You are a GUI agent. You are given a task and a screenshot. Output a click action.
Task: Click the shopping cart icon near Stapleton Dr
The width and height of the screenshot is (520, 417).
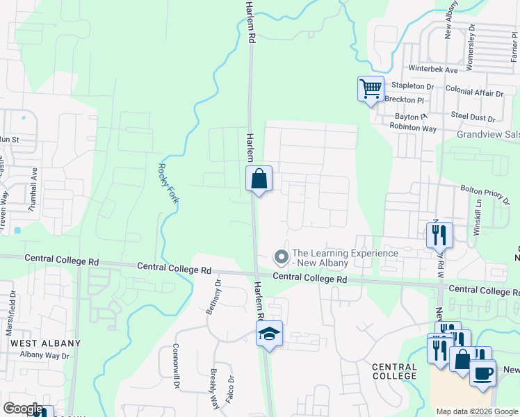371,89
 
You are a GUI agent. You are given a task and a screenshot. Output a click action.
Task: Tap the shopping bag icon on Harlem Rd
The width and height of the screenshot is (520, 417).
259,179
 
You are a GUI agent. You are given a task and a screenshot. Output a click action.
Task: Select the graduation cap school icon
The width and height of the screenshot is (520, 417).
270,334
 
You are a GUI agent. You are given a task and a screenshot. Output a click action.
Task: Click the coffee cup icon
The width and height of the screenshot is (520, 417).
482,372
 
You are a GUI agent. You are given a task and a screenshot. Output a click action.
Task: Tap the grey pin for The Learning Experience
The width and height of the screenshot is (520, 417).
282,258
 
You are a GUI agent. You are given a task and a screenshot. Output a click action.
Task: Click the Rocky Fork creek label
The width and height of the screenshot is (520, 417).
164,183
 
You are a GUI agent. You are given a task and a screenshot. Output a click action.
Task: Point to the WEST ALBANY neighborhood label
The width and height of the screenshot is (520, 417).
45,343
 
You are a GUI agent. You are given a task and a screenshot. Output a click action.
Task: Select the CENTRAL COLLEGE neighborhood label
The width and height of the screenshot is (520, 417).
394,371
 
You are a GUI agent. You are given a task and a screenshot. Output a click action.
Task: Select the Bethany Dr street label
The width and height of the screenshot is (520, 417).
213,298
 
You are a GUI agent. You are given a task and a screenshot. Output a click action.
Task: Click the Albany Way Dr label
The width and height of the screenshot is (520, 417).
45,355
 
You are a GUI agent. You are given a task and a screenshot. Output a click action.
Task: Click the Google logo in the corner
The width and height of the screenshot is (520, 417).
22,409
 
